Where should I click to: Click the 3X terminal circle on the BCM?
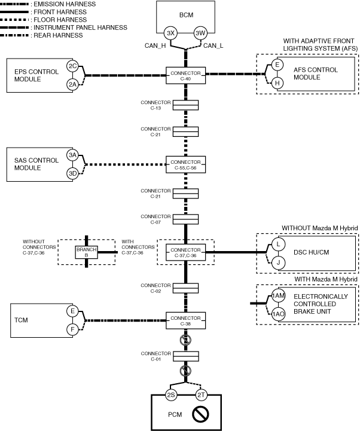click(x=170, y=33)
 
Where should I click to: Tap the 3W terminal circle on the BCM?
click(x=200, y=33)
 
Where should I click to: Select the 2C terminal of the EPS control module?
click(x=72, y=66)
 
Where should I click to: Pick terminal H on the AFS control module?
click(x=277, y=83)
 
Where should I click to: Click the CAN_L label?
click(x=213, y=45)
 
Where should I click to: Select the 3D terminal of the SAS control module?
click(x=72, y=174)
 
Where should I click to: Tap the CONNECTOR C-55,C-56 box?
click(x=186, y=163)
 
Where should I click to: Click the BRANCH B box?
click(x=86, y=252)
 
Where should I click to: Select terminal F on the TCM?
click(x=72, y=328)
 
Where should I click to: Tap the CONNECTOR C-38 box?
click(x=186, y=320)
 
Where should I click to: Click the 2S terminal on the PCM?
click(x=171, y=395)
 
